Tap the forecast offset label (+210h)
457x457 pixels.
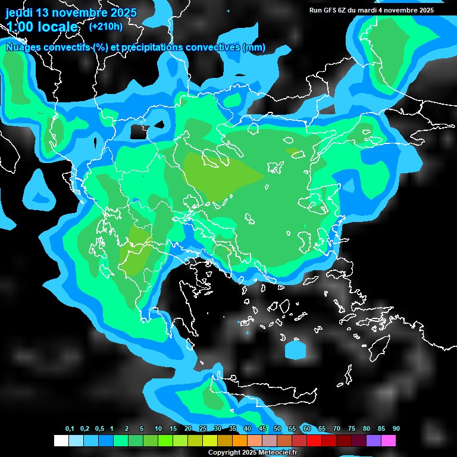click(x=105, y=26)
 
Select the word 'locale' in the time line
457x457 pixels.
click(x=56, y=27)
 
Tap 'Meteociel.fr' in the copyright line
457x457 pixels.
click(x=278, y=453)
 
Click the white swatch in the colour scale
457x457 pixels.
click(x=61, y=440)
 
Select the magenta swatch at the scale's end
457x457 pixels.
click(x=389, y=440)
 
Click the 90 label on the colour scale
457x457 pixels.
click(x=396, y=429)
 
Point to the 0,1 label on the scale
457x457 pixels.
click(x=70, y=429)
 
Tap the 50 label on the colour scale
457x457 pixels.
click(x=277, y=429)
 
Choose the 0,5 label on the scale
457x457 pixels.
click(x=99, y=429)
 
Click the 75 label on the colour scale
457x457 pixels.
click(x=352, y=429)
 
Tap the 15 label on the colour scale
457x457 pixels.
click(x=173, y=429)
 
